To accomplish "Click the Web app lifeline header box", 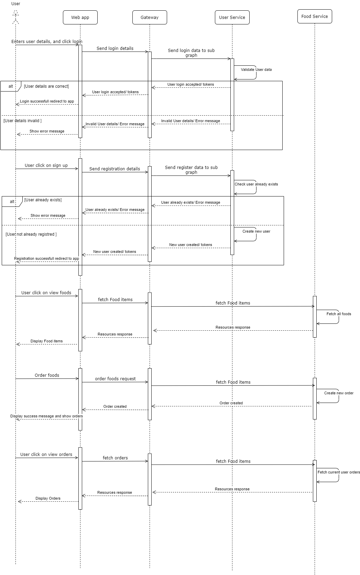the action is click(x=80, y=18).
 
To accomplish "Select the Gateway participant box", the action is click(x=150, y=18).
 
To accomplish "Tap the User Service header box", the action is click(x=232, y=18).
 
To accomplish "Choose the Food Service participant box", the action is click(x=315, y=17).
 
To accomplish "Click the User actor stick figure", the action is click(x=15, y=17).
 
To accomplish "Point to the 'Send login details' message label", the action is click(x=115, y=48).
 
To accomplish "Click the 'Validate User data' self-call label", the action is click(x=256, y=70).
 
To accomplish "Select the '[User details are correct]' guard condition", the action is click(x=46, y=86).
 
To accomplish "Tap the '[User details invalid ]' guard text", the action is click(x=22, y=121).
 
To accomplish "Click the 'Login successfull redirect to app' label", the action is click(x=47, y=101).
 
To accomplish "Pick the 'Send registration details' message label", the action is click(x=114, y=169).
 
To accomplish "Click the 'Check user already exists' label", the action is click(x=256, y=184).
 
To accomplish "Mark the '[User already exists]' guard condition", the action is click(x=43, y=200).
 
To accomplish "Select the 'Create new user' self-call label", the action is click(x=256, y=231).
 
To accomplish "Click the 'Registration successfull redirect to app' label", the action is click(x=46, y=258).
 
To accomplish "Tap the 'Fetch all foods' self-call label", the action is click(x=339, y=314).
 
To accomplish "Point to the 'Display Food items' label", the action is click(x=46, y=341).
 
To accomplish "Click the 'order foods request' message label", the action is click(x=115, y=379).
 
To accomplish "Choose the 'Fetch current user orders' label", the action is click(x=339, y=472).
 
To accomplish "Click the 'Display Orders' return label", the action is click(x=48, y=498).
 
